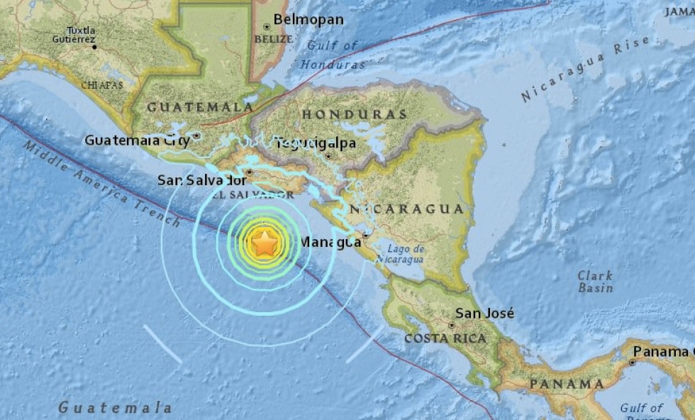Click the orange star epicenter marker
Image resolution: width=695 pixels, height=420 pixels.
(x=265, y=243)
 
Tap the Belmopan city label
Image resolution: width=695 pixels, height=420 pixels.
(x=308, y=19)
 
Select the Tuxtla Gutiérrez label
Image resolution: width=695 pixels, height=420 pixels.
(x=81, y=35)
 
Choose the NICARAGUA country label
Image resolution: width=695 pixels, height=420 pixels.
(x=406, y=209)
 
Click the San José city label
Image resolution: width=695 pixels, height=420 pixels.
(x=485, y=313)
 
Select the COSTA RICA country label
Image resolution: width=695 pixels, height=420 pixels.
(x=445, y=339)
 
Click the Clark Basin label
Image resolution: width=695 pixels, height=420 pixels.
(x=595, y=281)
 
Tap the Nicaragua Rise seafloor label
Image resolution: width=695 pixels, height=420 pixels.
(x=586, y=70)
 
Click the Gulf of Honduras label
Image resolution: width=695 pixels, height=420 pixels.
(x=332, y=55)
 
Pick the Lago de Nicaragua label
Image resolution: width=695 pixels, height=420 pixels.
(x=406, y=254)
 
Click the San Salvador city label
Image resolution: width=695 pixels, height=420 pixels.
(x=201, y=180)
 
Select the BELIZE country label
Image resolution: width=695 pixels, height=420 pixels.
(x=272, y=39)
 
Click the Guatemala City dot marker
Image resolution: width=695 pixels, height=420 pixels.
(x=196, y=134)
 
